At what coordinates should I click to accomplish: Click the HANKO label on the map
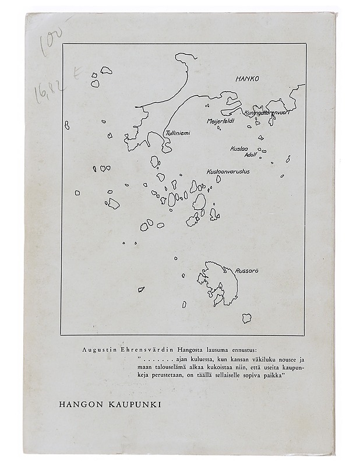click(246, 77)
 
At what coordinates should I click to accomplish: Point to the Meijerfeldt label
click(221, 121)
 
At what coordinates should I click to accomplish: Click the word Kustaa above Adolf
click(239, 149)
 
